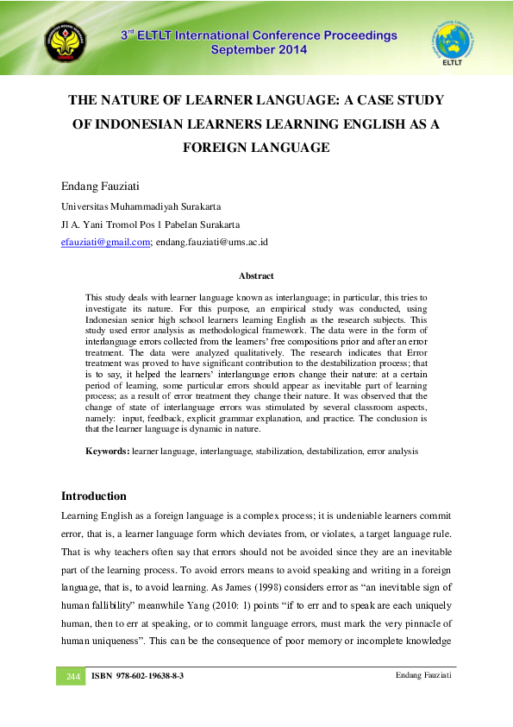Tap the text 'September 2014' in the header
[258, 51]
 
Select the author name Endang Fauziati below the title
[101, 186]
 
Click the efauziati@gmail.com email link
[106, 242]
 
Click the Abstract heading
[256, 276]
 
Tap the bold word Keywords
[107, 451]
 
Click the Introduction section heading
[94, 496]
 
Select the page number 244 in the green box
[71, 675]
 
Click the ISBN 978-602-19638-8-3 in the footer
[137, 675]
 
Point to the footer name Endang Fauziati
[422, 674]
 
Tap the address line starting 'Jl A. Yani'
[150, 224]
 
